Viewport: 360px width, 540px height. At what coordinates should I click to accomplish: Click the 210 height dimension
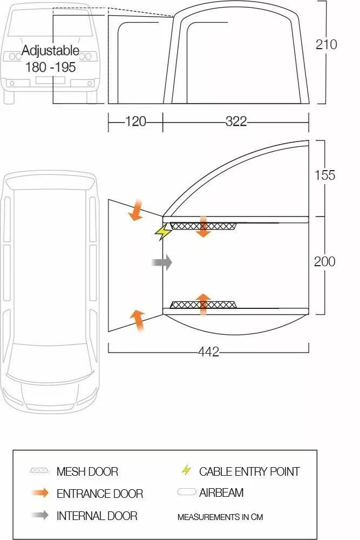(x=326, y=44)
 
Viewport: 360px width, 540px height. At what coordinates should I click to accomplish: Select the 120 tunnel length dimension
(x=135, y=122)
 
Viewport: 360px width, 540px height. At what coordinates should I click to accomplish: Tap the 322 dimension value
(x=236, y=122)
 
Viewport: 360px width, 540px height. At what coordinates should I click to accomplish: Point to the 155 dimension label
(x=324, y=175)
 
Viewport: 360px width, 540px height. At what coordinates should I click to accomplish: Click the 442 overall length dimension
(x=208, y=352)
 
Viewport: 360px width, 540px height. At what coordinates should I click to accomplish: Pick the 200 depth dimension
(x=324, y=261)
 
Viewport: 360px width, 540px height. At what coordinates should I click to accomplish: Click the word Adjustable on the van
(x=50, y=51)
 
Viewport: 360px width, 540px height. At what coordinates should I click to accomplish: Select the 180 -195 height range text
(x=50, y=67)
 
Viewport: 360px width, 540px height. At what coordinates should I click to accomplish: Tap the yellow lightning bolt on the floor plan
(x=162, y=232)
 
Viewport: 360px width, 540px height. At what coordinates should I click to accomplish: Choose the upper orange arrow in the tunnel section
(x=135, y=210)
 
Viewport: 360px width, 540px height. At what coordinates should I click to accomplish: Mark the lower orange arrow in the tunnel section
(x=138, y=320)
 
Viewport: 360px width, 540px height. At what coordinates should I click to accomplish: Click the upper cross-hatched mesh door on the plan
(x=203, y=226)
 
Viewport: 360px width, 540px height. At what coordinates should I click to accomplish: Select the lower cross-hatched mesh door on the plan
(x=203, y=305)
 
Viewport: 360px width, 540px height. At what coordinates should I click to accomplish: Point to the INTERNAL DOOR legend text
(x=97, y=516)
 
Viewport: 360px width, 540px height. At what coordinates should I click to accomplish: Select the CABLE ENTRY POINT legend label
(x=249, y=471)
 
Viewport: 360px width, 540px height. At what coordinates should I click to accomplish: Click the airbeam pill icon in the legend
(x=186, y=492)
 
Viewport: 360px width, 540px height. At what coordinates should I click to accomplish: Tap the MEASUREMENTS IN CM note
(x=220, y=517)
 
